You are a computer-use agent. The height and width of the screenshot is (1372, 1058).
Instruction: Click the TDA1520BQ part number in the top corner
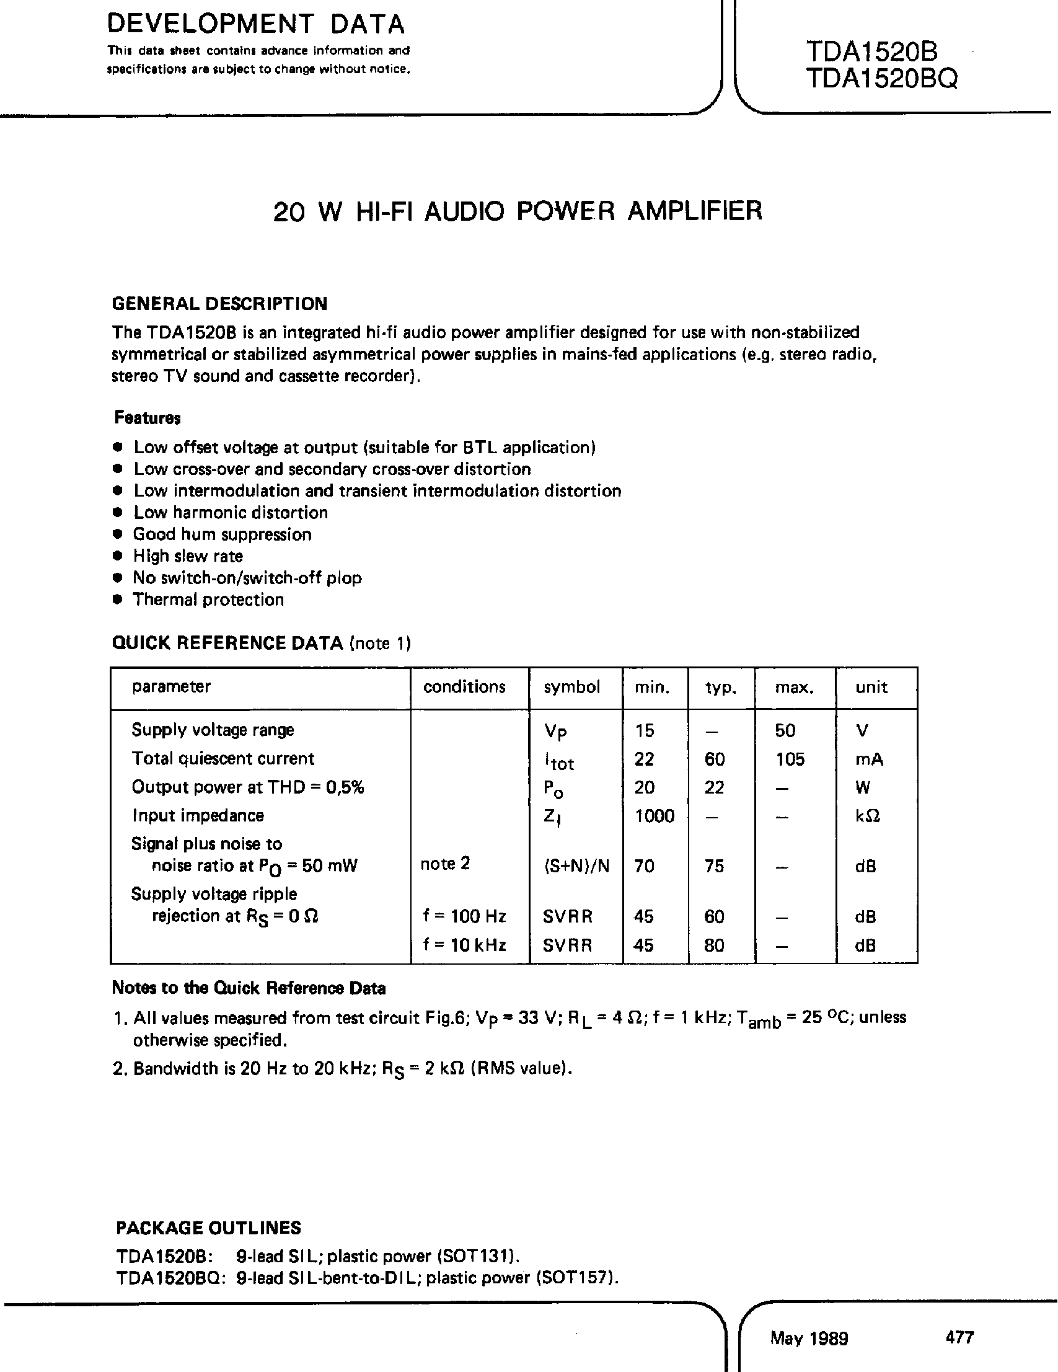tap(881, 79)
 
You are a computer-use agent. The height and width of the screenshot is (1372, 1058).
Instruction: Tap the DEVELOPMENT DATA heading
tap(255, 24)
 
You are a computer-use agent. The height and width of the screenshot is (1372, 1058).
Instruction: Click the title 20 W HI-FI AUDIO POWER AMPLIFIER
tap(518, 211)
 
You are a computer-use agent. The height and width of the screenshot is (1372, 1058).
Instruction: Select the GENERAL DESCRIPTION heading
tap(219, 304)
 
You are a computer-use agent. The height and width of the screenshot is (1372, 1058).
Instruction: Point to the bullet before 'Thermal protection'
tap(116, 600)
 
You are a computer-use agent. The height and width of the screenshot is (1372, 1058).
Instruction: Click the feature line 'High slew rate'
tap(188, 556)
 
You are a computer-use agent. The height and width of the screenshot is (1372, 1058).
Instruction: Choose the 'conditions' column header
tap(464, 687)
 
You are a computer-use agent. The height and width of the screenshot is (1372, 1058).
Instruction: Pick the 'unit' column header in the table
tap(871, 687)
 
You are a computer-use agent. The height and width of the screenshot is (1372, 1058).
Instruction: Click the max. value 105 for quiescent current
tap(790, 759)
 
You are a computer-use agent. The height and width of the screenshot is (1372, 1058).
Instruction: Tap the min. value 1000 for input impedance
tap(655, 816)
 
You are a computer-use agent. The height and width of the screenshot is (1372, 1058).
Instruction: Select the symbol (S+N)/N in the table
tap(576, 866)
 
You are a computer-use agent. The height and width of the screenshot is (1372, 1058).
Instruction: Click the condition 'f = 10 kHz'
tap(464, 945)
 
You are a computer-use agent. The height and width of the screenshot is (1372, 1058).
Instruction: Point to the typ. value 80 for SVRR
tap(714, 945)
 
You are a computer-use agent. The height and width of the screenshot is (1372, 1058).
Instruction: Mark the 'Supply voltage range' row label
tap(212, 730)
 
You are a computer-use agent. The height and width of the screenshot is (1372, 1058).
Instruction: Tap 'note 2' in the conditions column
tap(444, 864)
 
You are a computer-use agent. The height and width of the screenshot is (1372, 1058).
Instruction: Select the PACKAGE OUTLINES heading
tap(208, 1228)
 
